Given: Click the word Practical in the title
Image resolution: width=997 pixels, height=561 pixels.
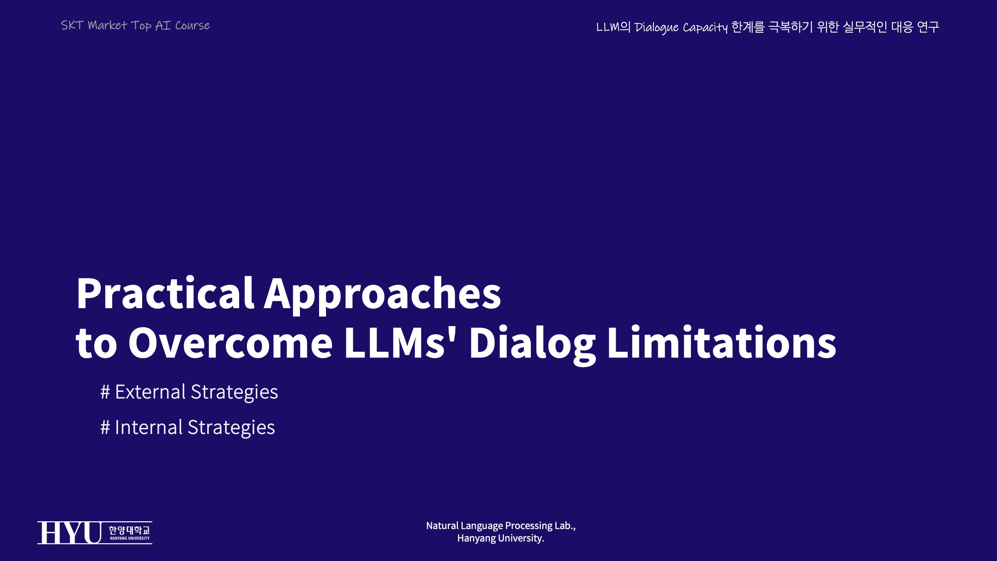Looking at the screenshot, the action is click(166, 293).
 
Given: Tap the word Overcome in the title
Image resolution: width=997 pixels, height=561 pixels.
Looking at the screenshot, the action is click(230, 342).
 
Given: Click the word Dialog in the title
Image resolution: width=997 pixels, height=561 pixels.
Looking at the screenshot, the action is click(532, 345).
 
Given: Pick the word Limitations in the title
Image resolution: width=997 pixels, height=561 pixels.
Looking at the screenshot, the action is click(722, 342).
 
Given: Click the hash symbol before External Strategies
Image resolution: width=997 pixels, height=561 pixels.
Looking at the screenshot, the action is click(105, 392).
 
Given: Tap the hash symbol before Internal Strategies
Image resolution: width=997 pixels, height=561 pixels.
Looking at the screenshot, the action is click(105, 428).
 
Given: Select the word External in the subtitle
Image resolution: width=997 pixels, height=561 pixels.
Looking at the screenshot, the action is click(150, 392).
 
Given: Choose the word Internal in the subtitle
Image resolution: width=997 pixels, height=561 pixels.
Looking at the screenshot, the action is click(149, 427).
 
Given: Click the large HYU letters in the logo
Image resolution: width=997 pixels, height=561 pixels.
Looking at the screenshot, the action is click(69, 533).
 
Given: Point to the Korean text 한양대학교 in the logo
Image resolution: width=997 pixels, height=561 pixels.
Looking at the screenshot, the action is click(129, 530).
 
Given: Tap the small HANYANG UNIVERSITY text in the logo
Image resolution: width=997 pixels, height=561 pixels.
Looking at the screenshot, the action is click(130, 538).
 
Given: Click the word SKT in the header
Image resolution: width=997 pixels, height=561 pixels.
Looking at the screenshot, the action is click(72, 25).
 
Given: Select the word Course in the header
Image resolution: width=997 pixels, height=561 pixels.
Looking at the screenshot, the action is click(192, 26).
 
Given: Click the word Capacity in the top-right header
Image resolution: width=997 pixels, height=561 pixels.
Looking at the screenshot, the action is click(705, 28).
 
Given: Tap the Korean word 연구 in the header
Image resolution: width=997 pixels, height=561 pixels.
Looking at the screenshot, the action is click(928, 27).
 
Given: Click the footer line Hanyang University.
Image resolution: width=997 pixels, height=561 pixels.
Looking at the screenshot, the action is click(501, 539).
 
